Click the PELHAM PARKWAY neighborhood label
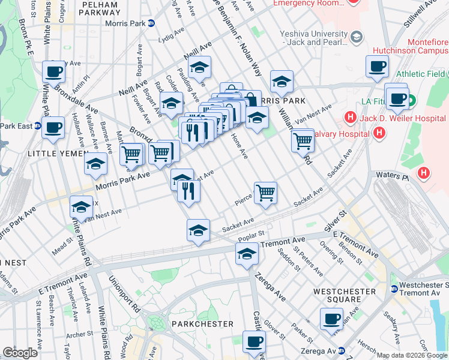pyautogui.click(x=100, y=8)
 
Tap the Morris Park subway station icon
pyautogui.click(x=151, y=23)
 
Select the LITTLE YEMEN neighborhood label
pyautogui.click(x=54, y=154)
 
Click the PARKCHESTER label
pyautogui.click(x=202, y=323)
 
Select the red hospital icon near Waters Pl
pyautogui.click(x=424, y=173)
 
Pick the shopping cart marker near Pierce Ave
pyautogui.click(x=265, y=193)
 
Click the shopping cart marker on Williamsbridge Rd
pyautogui.click(x=303, y=140)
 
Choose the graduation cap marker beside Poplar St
pyautogui.click(x=246, y=253)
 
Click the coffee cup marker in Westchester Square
pyautogui.click(x=331, y=318)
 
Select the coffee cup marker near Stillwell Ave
pyautogui.click(x=377, y=65)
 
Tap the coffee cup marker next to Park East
pyautogui.click(x=53, y=127)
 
